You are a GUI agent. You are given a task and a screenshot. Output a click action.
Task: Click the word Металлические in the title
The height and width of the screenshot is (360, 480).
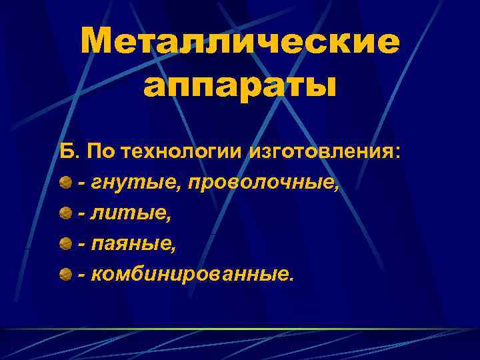click(240, 43)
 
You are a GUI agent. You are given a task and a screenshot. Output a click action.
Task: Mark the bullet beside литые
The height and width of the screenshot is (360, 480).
click(65, 213)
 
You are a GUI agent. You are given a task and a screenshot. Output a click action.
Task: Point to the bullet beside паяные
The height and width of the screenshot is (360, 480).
click(65, 244)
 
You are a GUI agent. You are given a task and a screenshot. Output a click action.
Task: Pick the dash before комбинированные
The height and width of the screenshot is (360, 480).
click(82, 276)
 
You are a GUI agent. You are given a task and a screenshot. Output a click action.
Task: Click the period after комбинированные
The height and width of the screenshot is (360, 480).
click(290, 280)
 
